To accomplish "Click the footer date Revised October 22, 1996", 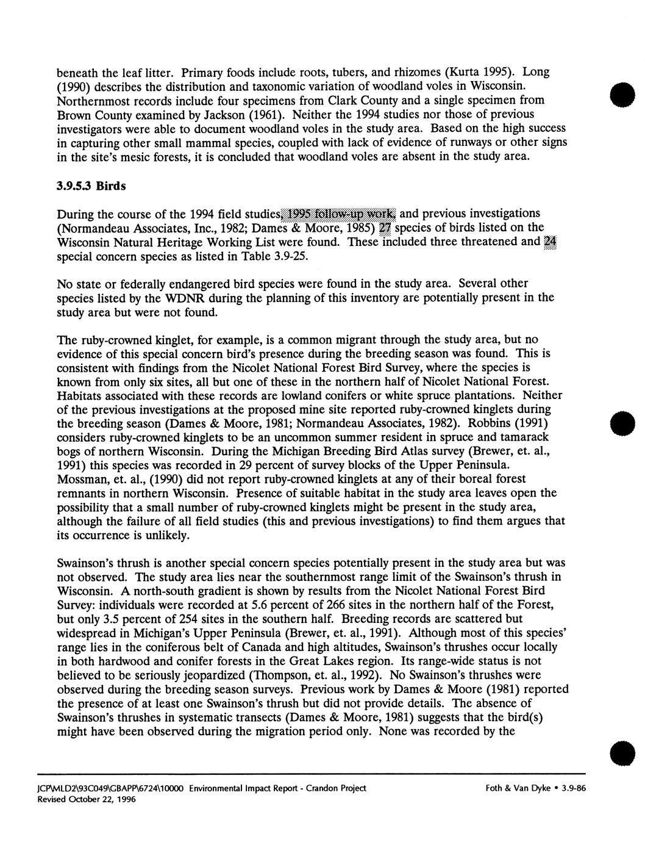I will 96,800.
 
